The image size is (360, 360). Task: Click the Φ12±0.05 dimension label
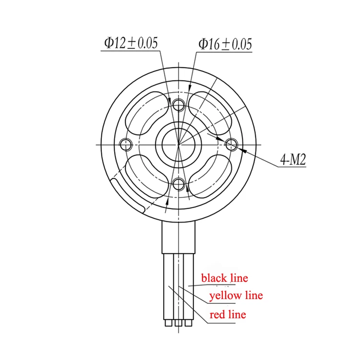(131, 43)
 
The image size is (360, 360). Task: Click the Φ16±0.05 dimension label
(225, 44)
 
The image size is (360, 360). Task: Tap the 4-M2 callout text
(293, 159)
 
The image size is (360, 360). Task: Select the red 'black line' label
(225, 278)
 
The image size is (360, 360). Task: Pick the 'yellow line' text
(236, 295)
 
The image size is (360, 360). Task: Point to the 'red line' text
(228, 314)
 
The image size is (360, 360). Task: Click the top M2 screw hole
(179, 105)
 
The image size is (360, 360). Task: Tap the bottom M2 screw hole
(179, 184)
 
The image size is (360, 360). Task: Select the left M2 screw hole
(126, 145)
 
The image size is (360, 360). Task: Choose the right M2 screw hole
(231, 144)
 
